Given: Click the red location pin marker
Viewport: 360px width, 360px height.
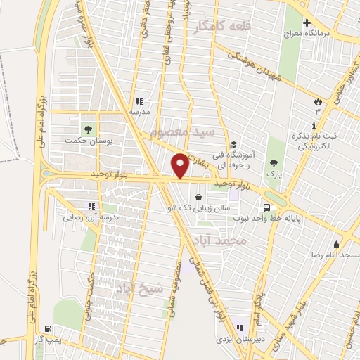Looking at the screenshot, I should tap(180, 165).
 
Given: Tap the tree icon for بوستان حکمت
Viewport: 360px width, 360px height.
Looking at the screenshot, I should tap(88, 129).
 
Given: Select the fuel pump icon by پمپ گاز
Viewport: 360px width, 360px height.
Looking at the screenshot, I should tap(47, 328).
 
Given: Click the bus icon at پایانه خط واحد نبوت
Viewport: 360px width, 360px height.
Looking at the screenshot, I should tap(266, 207).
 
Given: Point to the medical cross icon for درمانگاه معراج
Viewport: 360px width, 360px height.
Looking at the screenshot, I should tap(307, 22).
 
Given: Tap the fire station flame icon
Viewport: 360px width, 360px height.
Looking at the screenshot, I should tap(317, 102).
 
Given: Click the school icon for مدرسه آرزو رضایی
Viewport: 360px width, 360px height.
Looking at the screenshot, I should tap(90, 206).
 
